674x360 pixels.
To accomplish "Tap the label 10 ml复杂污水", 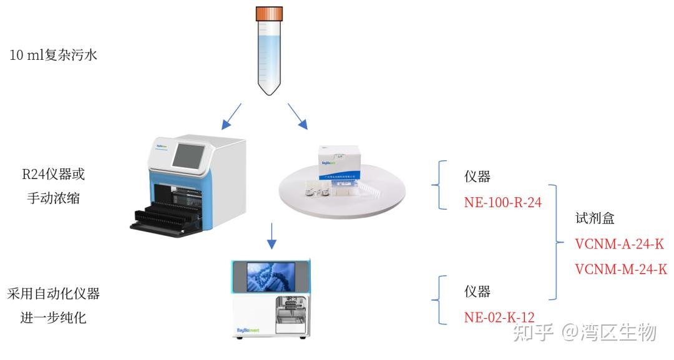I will (54, 55).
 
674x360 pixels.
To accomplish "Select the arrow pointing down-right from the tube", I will (298, 116).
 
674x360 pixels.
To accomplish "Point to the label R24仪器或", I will (53, 174).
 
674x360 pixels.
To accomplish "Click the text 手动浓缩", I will (53, 198).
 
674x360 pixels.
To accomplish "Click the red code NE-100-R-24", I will (502, 202).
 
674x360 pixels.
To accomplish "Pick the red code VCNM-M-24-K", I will (620, 269).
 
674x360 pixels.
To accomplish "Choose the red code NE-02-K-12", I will (499, 316).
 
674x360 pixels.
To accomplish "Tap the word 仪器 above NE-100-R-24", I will (477, 177).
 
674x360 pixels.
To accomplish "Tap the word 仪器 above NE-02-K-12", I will (477, 291).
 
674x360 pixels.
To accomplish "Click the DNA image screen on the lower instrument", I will (272, 277).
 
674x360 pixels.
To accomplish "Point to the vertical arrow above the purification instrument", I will (271, 235).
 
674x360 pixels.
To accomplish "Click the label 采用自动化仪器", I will (54, 293).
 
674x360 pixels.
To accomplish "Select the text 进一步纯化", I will (54, 318).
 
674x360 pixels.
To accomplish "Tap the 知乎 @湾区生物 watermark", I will (584, 332).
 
